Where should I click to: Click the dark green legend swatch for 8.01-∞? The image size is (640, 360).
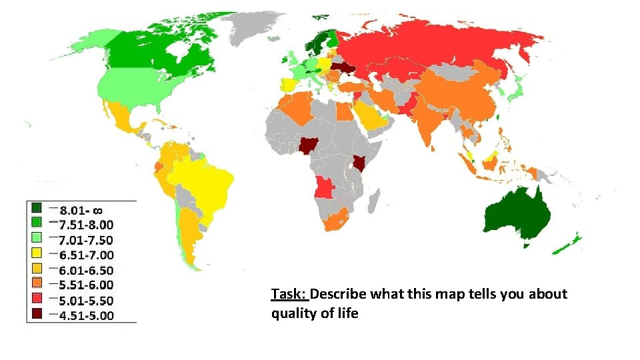[x=36, y=207]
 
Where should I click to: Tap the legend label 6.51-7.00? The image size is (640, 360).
[x=86, y=255]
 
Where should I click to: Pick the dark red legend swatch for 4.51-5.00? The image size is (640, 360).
[x=36, y=314]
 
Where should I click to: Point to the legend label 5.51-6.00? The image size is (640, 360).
[x=86, y=285]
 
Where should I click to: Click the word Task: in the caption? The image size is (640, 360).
[x=289, y=294]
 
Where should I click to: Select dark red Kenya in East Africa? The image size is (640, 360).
[x=359, y=163]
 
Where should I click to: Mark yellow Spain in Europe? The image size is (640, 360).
[x=291, y=86]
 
